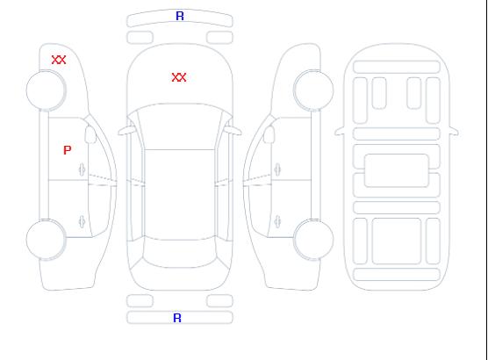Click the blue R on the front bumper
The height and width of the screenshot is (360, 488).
click(x=180, y=16)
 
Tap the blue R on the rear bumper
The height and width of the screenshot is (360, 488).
click(x=177, y=318)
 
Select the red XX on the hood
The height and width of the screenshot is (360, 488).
click(x=179, y=77)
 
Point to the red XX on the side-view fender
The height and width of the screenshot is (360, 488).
click(x=59, y=60)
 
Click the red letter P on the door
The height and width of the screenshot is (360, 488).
click(x=68, y=150)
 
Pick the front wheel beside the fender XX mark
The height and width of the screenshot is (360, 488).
click(x=46, y=90)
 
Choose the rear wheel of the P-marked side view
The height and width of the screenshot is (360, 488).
click(x=46, y=240)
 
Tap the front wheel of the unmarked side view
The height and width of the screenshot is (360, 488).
click(x=313, y=90)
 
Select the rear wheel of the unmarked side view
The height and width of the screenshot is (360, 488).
click(x=313, y=240)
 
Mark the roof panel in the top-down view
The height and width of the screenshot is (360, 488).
click(x=180, y=195)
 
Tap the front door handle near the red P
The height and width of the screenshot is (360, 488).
click(x=83, y=169)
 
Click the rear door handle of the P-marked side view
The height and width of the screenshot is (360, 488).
click(x=83, y=221)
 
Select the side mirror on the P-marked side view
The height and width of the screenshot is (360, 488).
click(x=90, y=134)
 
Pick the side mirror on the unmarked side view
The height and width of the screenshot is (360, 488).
click(x=269, y=134)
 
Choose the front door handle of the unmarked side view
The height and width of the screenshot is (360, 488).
click(x=277, y=169)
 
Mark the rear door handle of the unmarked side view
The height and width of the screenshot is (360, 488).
click(x=277, y=221)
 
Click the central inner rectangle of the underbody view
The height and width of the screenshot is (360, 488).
click(x=397, y=170)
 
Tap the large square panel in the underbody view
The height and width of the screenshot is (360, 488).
click(x=397, y=241)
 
